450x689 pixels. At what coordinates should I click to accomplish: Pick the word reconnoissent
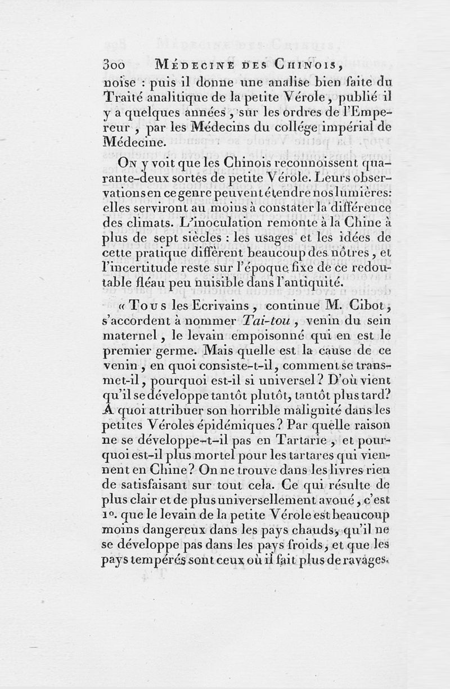[x=297, y=163]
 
